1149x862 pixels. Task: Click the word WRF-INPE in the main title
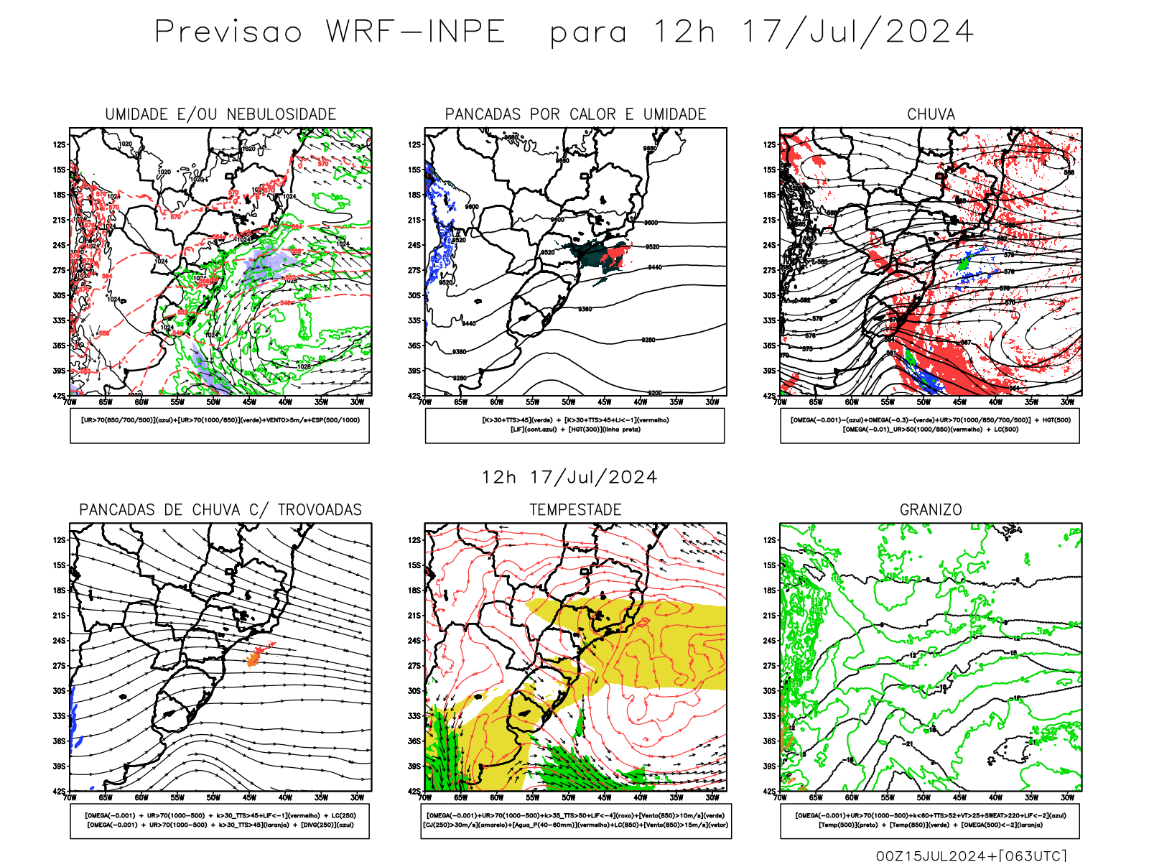tap(416, 32)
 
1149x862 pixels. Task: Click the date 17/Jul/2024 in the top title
tap(857, 32)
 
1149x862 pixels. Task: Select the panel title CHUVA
tap(931, 114)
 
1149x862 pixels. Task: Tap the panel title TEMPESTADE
tap(575, 510)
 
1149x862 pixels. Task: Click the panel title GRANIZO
tap(931, 510)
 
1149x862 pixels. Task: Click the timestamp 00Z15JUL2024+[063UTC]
tap(971, 856)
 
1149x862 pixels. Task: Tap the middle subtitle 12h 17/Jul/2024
tap(569, 478)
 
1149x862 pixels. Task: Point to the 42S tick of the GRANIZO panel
tap(771, 791)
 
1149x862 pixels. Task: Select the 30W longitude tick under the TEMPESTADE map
tap(712, 797)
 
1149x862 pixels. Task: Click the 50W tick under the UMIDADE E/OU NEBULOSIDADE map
tap(213, 402)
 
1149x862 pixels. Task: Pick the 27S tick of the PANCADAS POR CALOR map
tap(415, 271)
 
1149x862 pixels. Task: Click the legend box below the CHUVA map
tap(930, 425)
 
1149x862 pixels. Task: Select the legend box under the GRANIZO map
tap(930, 820)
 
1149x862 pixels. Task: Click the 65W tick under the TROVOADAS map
tap(106, 797)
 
